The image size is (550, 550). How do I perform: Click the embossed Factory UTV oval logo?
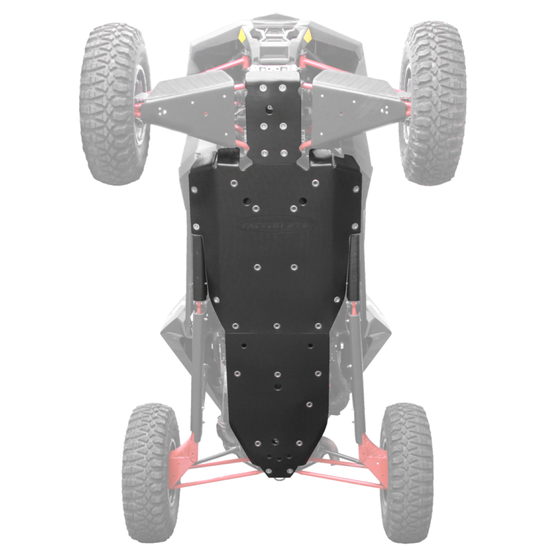pos(276,225)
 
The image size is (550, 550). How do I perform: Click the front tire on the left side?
pos(115,102)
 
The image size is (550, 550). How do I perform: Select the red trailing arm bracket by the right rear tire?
pos(371,456)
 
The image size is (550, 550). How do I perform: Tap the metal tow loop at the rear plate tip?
pos(276,477)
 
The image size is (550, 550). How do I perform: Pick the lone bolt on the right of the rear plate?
pos(309,404)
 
